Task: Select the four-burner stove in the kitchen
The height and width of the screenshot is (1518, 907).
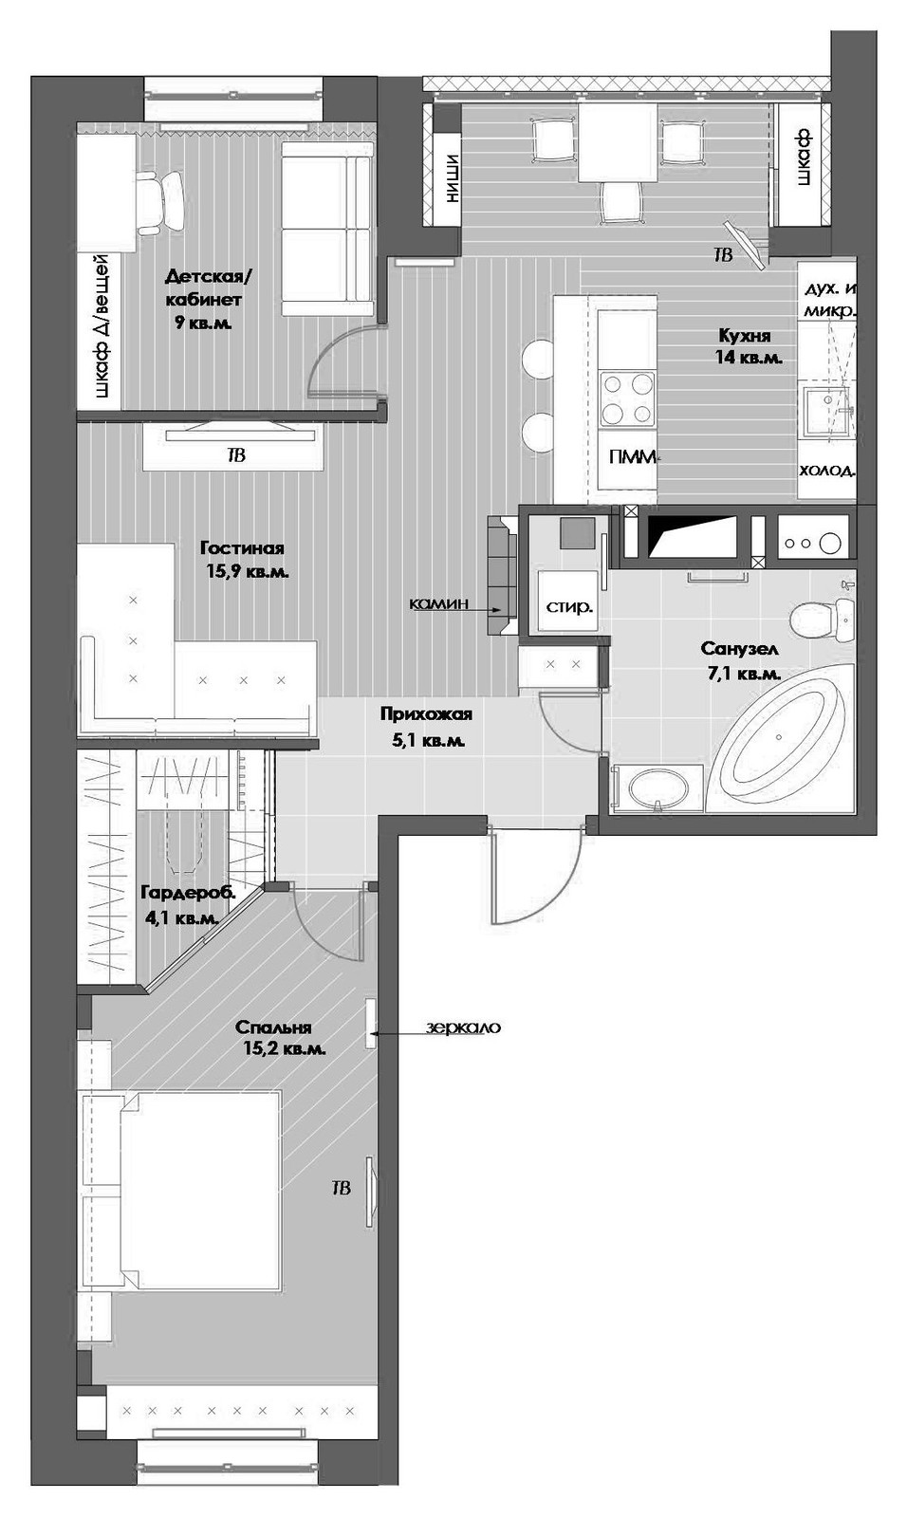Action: point(627,398)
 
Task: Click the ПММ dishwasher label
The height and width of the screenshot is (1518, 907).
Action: point(633,456)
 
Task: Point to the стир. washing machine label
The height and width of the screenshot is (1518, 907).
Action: point(569,606)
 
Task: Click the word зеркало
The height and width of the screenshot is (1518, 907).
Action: point(464,1027)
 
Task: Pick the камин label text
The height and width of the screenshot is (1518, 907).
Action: point(439,602)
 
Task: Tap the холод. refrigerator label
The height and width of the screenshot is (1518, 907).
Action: point(826,470)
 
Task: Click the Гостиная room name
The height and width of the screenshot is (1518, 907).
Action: point(242,547)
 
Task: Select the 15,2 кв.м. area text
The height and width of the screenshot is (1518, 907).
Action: point(285,1049)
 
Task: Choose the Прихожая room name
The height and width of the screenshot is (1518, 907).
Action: point(426,713)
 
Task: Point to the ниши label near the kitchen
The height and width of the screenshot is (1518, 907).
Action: point(449,178)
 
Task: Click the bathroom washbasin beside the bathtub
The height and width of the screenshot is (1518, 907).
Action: point(657,788)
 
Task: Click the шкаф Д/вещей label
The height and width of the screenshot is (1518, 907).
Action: point(101,326)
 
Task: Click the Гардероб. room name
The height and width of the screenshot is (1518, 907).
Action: point(188,893)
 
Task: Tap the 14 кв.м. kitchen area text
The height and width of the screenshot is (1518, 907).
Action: point(749,357)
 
